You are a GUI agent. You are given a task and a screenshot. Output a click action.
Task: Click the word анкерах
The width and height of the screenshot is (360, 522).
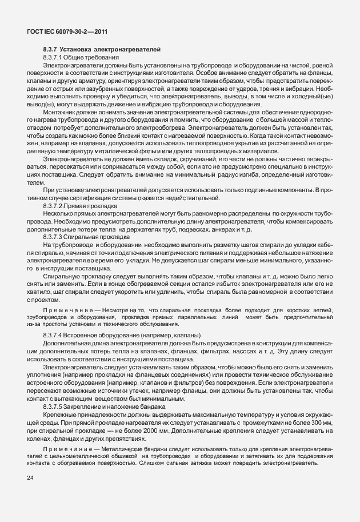230,228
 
